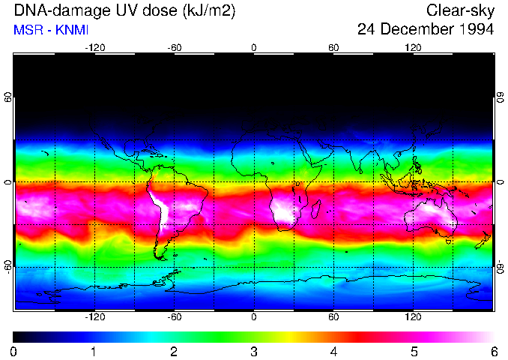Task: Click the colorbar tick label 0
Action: pos(14,351)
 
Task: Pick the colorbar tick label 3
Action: pos(254,351)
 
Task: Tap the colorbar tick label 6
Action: pos(493,351)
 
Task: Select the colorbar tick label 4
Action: pos(333,351)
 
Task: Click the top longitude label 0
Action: pos(254,47)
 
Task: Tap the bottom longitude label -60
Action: pos(174,317)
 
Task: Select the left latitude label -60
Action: pos(7,267)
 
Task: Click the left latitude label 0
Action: pos(7,182)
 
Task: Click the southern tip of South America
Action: pos(159,257)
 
